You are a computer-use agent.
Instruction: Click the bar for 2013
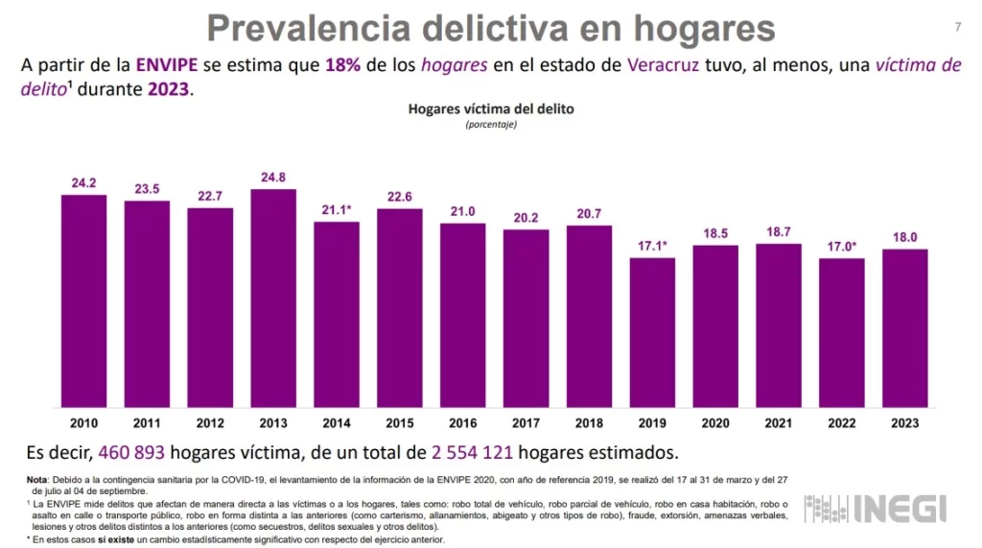click(x=273, y=298)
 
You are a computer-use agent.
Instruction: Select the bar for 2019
click(x=652, y=332)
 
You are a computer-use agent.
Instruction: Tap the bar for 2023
click(x=905, y=327)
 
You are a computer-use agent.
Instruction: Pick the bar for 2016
click(x=463, y=315)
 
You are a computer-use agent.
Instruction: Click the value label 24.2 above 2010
click(x=83, y=182)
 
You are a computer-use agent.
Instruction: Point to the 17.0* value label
click(x=842, y=246)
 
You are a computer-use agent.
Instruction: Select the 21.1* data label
click(x=337, y=209)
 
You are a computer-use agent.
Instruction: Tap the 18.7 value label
click(x=779, y=231)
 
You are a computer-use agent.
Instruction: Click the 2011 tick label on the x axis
click(x=147, y=423)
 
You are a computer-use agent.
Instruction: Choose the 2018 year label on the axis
click(x=589, y=423)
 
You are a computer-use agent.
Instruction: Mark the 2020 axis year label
click(x=715, y=423)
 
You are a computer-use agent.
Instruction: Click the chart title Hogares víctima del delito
click(x=491, y=109)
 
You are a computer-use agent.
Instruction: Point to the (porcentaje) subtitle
click(x=491, y=125)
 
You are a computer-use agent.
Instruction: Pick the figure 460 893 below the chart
click(x=136, y=451)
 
